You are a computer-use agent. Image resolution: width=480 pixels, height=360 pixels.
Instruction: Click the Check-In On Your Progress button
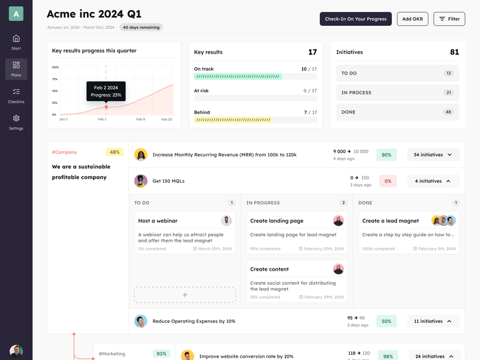[355, 19]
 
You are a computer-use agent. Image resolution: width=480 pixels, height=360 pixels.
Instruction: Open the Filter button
[449, 19]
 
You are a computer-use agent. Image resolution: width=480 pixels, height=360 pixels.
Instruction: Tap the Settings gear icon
[16, 118]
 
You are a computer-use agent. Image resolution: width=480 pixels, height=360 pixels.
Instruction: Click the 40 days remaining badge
[141, 28]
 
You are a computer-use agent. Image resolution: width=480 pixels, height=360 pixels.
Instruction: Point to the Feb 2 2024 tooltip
[106, 91]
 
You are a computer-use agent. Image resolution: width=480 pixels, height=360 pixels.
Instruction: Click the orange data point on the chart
[106, 107]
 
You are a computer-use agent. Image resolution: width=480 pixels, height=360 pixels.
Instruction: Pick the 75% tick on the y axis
[55, 79]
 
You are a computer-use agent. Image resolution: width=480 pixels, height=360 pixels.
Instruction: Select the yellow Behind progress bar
[233, 120]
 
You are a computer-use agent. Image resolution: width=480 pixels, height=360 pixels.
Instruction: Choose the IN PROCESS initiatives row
[397, 93]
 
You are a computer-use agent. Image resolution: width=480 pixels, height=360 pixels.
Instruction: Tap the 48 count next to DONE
[448, 112]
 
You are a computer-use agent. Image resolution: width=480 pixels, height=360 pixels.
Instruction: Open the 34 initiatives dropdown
[433, 155]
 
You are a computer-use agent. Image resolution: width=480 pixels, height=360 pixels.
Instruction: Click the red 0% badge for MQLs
[388, 181]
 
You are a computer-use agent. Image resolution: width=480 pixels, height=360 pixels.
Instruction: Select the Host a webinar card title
[158, 221]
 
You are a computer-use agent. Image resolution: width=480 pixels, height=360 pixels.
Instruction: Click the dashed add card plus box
[185, 295]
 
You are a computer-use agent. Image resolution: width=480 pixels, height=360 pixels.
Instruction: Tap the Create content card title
[269, 269]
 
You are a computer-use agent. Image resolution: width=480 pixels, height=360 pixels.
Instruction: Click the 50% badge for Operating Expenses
[386, 321]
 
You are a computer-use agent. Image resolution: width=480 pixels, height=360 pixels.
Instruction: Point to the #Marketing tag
[112, 354]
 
